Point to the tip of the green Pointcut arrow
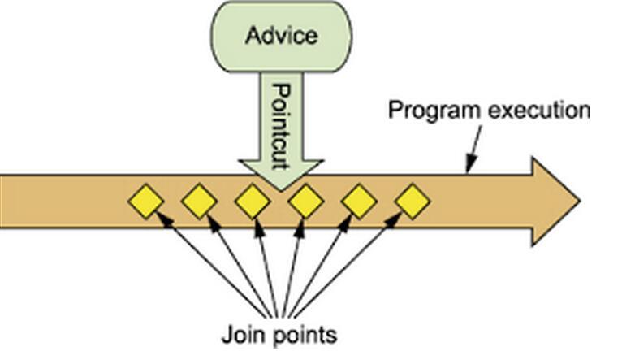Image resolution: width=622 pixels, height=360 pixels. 280,189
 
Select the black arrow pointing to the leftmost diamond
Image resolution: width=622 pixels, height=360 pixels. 211,264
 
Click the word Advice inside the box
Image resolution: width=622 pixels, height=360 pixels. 281,37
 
